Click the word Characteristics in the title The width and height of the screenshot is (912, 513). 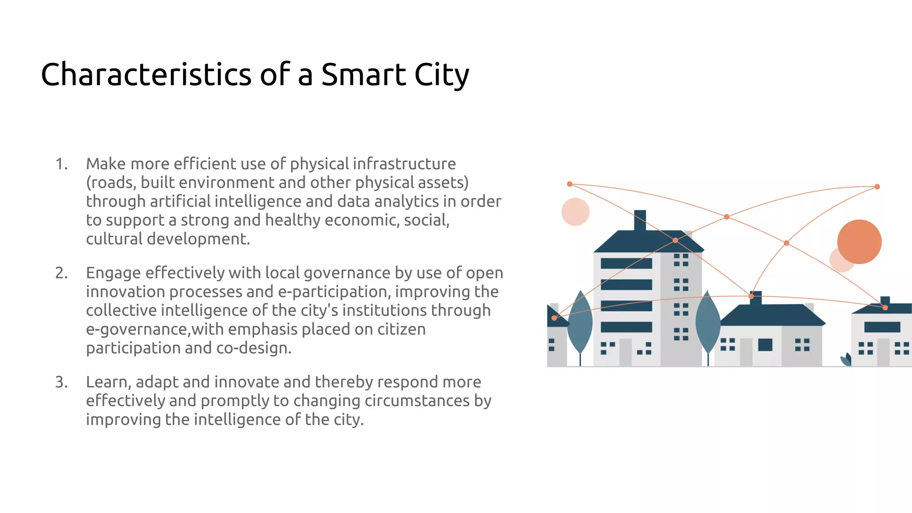146,74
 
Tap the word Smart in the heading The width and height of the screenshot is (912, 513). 363,74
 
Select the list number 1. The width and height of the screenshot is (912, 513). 61,164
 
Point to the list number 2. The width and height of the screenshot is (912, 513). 61,273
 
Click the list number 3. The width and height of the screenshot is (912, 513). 61,382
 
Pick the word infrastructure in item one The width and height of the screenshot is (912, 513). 404,164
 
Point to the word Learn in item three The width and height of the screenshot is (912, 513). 108,382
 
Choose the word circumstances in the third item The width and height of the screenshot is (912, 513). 417,401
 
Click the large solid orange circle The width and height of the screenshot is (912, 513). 859,242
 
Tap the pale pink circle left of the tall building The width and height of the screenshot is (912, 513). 575,212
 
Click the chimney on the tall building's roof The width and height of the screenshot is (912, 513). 640,220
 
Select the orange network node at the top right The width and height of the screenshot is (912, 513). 877,187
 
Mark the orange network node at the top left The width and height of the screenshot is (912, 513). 570,184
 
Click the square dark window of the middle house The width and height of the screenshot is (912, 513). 765,345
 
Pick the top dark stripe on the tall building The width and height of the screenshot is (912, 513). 626,264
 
